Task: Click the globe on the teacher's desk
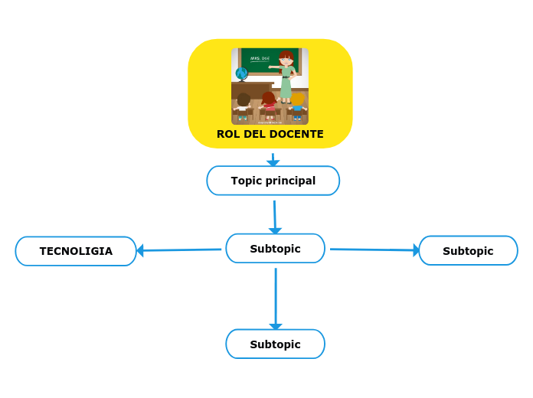coord(241,74)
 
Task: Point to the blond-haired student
coord(297,103)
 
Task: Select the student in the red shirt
coord(269,103)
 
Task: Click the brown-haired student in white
coord(244,104)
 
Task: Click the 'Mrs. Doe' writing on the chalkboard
coord(260,58)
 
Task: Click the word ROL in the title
coord(227,134)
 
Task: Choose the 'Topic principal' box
coord(273,181)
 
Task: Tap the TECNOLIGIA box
coord(76,251)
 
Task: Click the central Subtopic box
coord(275,249)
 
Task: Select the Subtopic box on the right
coord(468,251)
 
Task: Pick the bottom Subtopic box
coord(275,344)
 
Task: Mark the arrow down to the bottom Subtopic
coord(276,298)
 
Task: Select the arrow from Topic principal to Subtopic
coord(275,216)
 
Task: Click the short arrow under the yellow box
coord(273,159)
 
